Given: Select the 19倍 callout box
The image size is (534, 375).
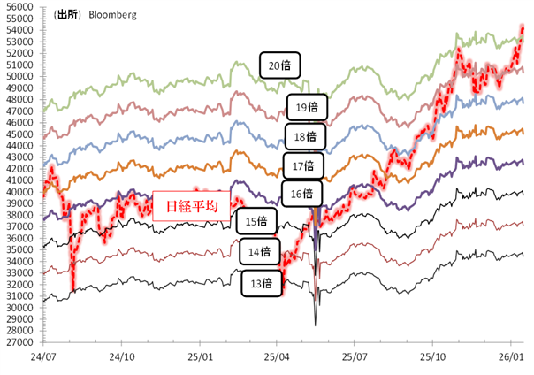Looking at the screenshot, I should pyautogui.click(x=309, y=109).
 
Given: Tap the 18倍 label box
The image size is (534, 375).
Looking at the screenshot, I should pyautogui.click(x=307, y=136).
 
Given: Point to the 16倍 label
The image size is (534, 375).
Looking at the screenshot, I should pyautogui.click(x=302, y=193).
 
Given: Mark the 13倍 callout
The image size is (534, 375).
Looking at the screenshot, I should pyautogui.click(x=263, y=283).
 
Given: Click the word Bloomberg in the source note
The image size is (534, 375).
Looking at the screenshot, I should pyautogui.click(x=111, y=15).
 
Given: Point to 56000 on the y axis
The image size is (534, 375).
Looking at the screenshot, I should pyautogui.click(x=19, y=6).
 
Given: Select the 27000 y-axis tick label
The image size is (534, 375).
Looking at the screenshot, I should pyautogui.click(x=19, y=342).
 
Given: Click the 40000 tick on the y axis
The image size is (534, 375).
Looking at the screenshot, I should pyautogui.click(x=19, y=192).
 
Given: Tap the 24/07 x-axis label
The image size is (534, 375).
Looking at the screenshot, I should pyautogui.click(x=44, y=356).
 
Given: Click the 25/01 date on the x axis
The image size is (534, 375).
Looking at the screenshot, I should pyautogui.click(x=200, y=356).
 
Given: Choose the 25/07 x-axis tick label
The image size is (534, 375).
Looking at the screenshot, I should pyautogui.click(x=355, y=356).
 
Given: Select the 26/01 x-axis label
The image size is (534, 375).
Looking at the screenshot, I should pyautogui.click(x=510, y=356).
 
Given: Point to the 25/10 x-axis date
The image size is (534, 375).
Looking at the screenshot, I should pyautogui.click(x=432, y=356).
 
